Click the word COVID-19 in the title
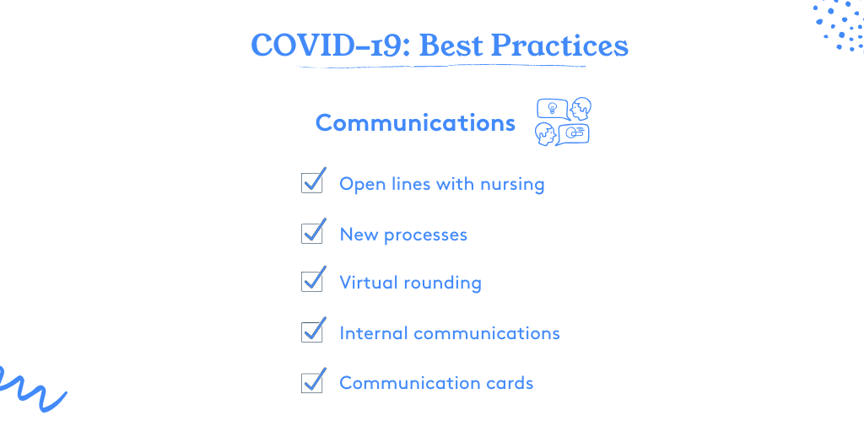point(330,46)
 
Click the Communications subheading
point(415,122)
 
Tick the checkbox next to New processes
point(312,233)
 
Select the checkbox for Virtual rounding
point(312,281)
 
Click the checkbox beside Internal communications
point(312,332)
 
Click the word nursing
point(512,185)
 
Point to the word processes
point(425,236)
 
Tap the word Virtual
point(368,283)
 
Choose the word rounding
point(442,283)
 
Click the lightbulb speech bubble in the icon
point(553,109)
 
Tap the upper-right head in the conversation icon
point(580,109)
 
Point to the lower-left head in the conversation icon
point(546,134)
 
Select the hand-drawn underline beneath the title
point(440,67)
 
